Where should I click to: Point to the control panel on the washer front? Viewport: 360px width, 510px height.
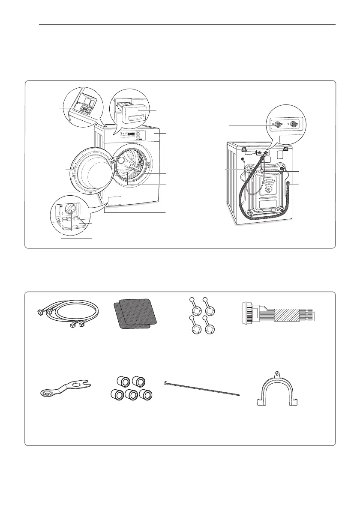129,136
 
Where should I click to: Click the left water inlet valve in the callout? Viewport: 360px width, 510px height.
278,125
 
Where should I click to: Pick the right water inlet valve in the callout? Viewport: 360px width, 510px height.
293,125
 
